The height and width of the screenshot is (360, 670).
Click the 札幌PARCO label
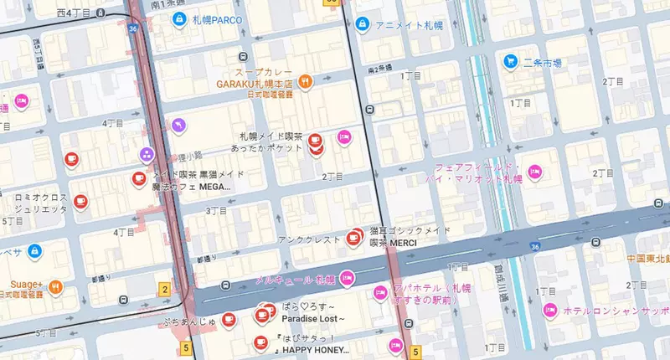(217, 19)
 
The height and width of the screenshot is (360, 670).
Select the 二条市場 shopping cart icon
(509, 61)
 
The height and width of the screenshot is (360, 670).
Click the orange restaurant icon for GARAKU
(306, 82)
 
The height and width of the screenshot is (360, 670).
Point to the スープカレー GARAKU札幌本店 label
(255, 77)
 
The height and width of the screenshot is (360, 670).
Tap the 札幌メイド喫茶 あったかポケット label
(270, 141)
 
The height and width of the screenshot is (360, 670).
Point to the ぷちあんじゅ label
(191, 318)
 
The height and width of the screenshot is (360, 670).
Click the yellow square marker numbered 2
(165, 290)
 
